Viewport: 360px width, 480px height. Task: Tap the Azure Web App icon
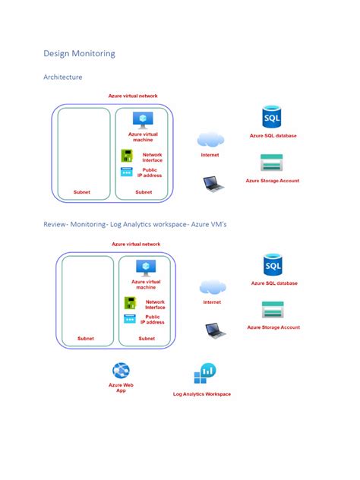tap(121, 371)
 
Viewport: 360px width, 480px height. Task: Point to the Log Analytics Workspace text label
tap(202, 394)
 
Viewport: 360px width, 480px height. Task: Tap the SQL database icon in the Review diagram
tap(272, 265)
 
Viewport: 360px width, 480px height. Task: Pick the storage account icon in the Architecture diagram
tap(271, 163)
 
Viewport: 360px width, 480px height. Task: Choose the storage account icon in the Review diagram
tap(272, 310)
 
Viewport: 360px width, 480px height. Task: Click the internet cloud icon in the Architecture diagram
tap(209, 140)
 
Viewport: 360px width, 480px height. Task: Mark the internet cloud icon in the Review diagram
tap(212, 287)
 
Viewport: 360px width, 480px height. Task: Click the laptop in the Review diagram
tap(212, 330)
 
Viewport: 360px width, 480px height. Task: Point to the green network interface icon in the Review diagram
tap(130, 303)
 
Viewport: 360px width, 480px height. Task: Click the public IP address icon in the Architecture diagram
tap(127, 172)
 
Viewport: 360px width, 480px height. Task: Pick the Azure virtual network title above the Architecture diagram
tap(134, 96)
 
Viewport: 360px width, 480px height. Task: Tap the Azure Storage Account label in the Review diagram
tap(273, 327)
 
